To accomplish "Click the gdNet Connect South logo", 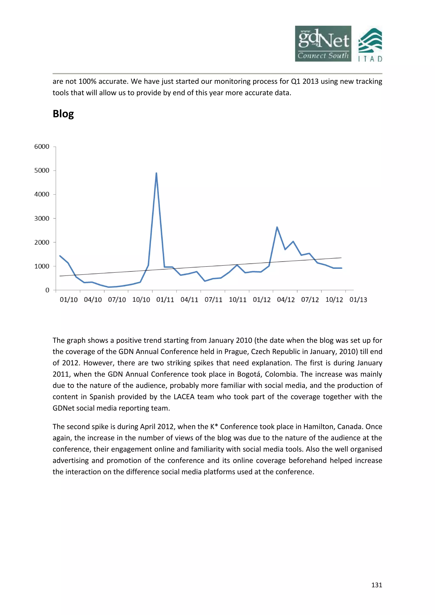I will coord(323,44).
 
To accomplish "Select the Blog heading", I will coord(63,114).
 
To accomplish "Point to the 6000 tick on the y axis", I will coord(42,147).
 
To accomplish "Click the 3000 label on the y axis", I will coord(42,218).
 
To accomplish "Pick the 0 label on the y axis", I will coord(47,290).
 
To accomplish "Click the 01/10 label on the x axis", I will coord(69,300).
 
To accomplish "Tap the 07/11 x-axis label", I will coord(213,300).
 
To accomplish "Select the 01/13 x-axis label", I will coord(358,300).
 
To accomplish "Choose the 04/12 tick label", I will coord(286,300).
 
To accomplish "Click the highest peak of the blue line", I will coord(156,173).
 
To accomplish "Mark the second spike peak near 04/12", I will coord(277,227).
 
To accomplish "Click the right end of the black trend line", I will coord(341,258).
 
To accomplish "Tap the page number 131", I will coord(377,585).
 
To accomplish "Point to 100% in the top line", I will coord(87,81).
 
